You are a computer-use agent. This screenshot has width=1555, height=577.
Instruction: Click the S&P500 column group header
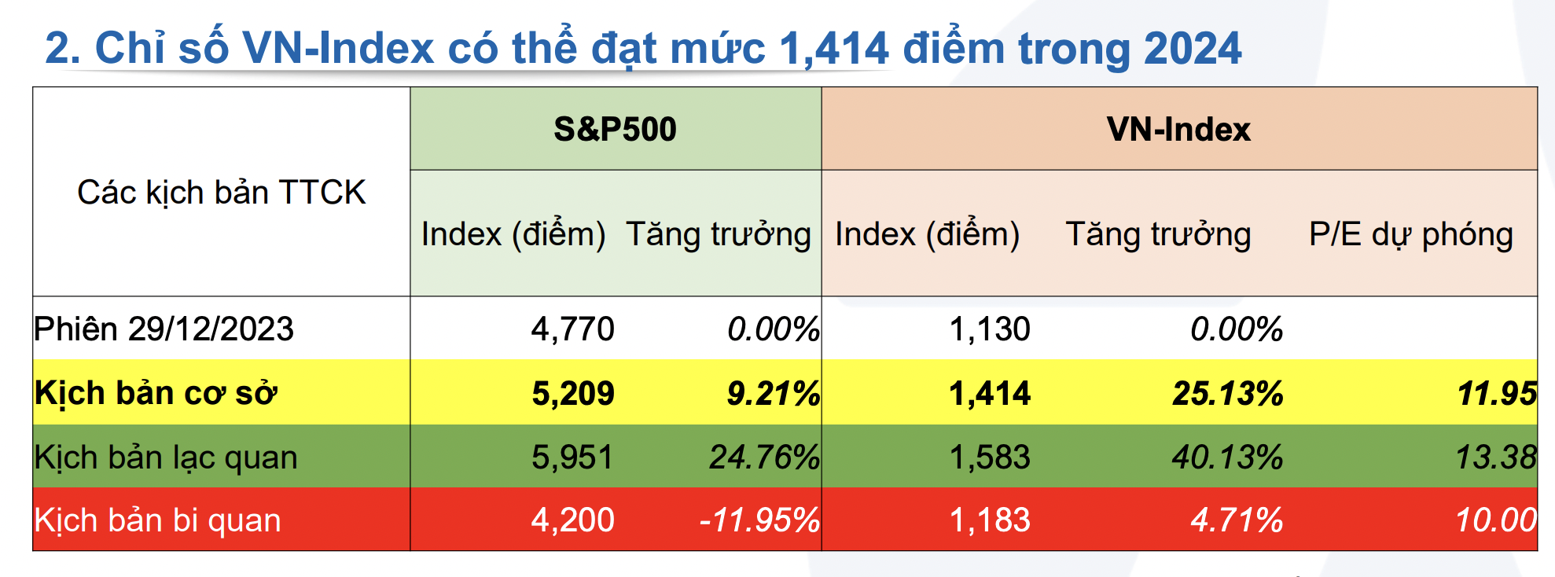click(x=615, y=129)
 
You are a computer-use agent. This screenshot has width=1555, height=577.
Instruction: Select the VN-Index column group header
click(x=1178, y=129)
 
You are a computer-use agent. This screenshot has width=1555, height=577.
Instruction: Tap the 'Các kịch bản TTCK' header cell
click(x=222, y=193)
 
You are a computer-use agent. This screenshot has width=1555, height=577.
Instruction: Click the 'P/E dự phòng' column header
click(x=1411, y=234)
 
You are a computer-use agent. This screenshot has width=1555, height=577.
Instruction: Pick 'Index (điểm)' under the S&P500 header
click(x=513, y=234)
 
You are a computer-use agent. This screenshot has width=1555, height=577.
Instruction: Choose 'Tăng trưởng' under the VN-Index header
click(x=1158, y=234)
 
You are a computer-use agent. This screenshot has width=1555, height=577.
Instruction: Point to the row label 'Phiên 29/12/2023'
click(x=164, y=329)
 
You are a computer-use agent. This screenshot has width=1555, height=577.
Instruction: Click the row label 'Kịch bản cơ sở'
click(x=156, y=393)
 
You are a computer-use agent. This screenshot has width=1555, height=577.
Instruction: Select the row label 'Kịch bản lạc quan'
click(x=166, y=458)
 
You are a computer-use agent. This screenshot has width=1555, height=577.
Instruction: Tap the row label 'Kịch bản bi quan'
click(x=157, y=520)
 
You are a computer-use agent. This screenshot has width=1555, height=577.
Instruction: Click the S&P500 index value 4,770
click(x=572, y=329)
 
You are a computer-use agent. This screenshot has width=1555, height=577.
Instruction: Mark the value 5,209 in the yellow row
click(x=572, y=393)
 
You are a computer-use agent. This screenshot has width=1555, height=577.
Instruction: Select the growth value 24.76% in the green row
click(x=764, y=458)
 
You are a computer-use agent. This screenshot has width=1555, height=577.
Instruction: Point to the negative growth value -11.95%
click(x=759, y=520)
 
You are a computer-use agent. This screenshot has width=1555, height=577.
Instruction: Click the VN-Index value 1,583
click(x=990, y=458)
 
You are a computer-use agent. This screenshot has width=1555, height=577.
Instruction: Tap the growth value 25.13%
click(x=1227, y=393)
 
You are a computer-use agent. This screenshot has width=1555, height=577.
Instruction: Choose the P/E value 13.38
click(x=1496, y=458)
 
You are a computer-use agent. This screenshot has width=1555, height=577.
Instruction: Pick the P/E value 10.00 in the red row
click(x=1496, y=520)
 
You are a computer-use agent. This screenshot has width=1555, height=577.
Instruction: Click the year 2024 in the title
click(x=1193, y=49)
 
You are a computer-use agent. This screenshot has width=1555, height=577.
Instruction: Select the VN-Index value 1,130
click(x=990, y=329)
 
